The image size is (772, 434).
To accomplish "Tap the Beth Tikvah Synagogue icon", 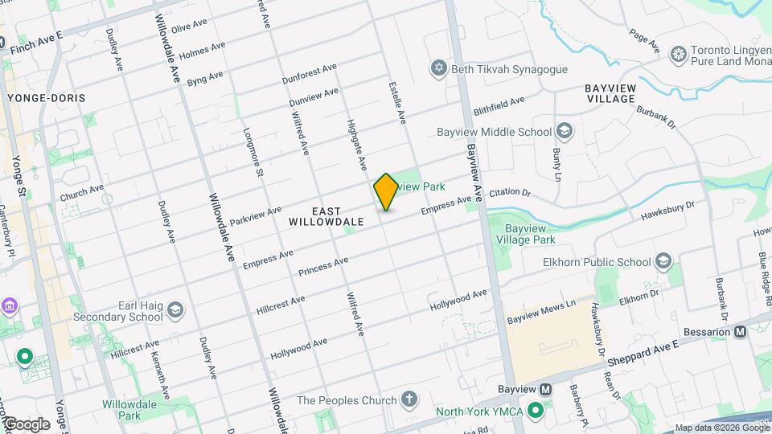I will pyautogui.click(x=439, y=68).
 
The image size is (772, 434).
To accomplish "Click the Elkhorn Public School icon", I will pyautogui.click(x=663, y=261).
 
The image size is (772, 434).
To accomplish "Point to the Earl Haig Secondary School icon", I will pyautogui.click(x=176, y=310).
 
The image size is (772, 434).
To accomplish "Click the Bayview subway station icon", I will pyautogui.click(x=546, y=390).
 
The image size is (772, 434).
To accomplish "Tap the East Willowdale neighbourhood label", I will pyautogui.click(x=326, y=215).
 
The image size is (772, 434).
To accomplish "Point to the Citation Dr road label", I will pyautogui.click(x=511, y=193).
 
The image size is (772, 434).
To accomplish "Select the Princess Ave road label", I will pyautogui.click(x=323, y=266).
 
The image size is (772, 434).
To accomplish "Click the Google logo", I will pyautogui.click(x=27, y=424).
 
